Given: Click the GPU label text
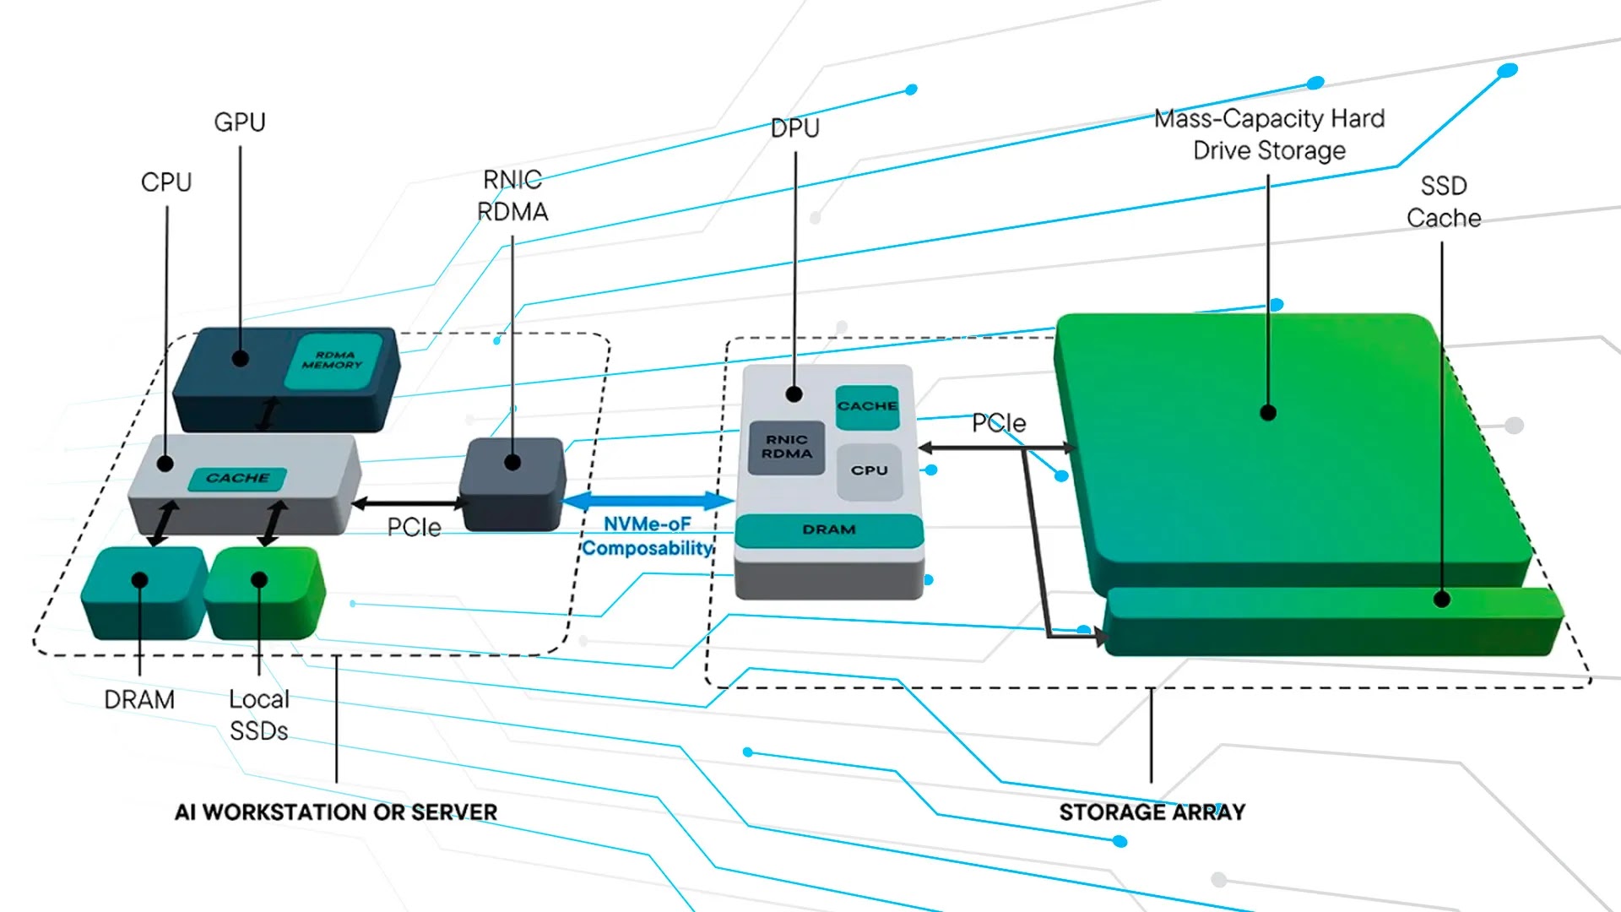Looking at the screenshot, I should [240, 122].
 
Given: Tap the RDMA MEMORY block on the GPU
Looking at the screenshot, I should [333, 361].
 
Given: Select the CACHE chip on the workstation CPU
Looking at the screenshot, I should [237, 479].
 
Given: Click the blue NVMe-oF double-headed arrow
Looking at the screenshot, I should [647, 501].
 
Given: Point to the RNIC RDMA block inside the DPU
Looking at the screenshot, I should [787, 448].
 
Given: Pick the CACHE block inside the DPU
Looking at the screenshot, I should [867, 406].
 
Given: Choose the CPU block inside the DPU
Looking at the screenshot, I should [869, 471].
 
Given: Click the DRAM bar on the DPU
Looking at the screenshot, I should [829, 530].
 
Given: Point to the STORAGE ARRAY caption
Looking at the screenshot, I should [1152, 812].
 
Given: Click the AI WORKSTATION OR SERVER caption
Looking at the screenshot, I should [336, 812].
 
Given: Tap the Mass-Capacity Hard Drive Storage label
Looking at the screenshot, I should [1269, 134].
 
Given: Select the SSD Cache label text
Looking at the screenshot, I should [1444, 202].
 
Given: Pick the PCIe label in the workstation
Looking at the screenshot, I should [414, 528].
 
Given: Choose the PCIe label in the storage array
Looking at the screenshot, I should [999, 423].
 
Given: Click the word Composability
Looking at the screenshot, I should [647, 549].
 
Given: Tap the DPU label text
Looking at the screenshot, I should [794, 128].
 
